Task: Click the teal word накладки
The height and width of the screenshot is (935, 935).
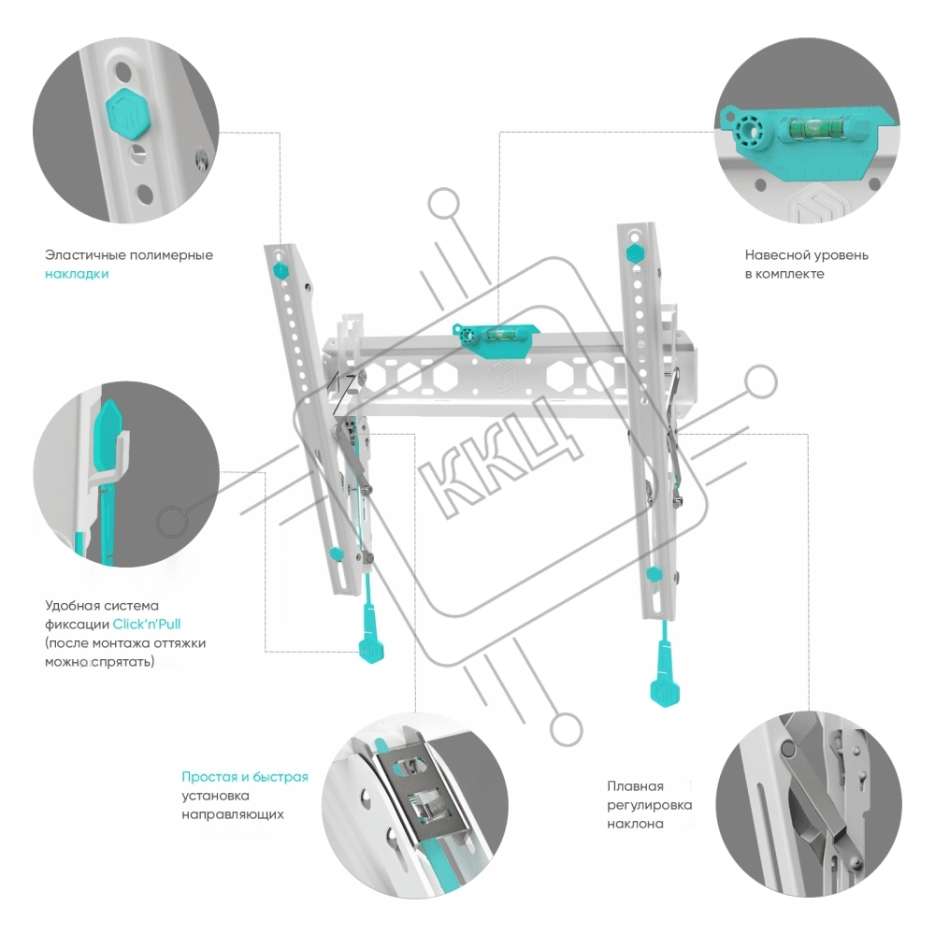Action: click(x=77, y=274)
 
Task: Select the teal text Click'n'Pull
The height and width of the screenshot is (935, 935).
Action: click(x=148, y=624)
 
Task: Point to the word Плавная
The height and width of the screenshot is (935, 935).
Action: click(x=635, y=785)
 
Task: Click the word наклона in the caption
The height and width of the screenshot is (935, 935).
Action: click(x=635, y=824)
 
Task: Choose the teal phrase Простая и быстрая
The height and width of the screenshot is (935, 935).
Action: click(x=244, y=777)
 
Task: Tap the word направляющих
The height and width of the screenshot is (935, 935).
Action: click(x=233, y=814)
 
